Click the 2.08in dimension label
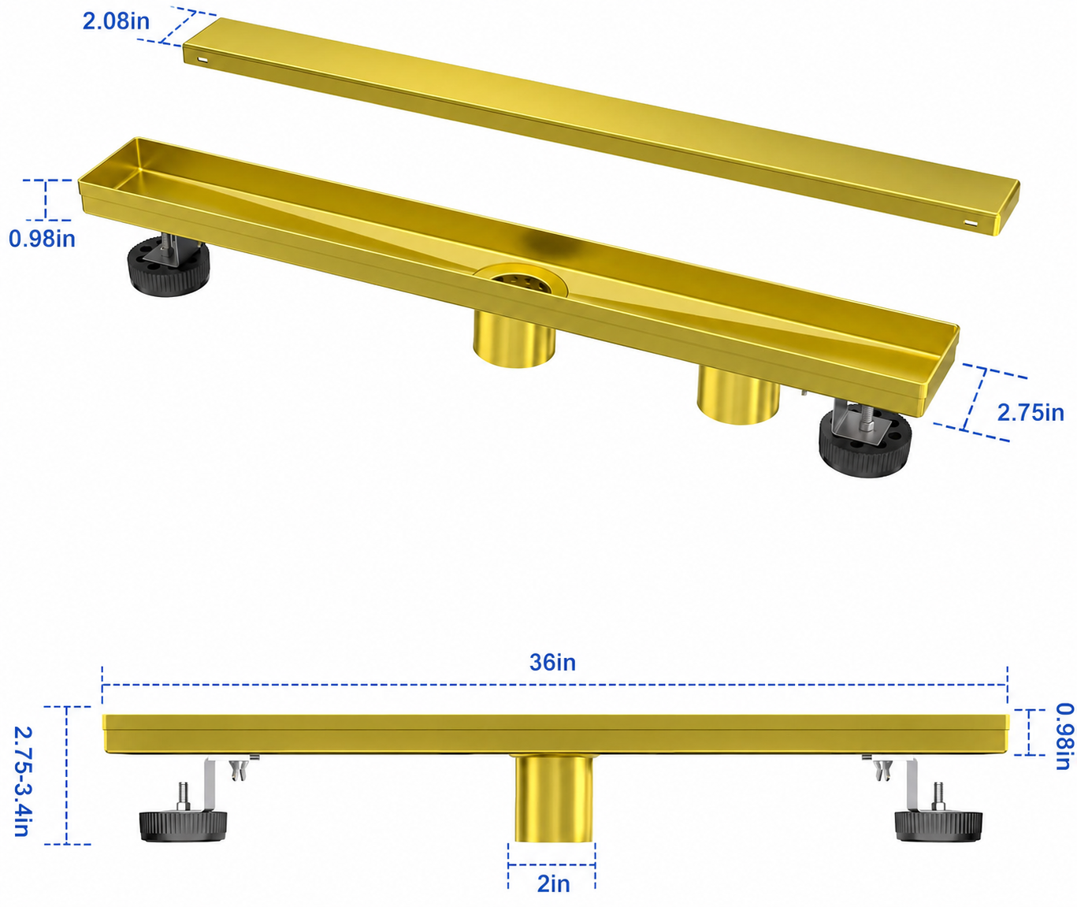[x=116, y=21]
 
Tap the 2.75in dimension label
[x=1030, y=412]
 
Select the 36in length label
[x=552, y=663]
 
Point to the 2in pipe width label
[x=553, y=884]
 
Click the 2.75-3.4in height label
[x=23, y=782]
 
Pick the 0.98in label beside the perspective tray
[x=43, y=239]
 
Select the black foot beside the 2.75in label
[x=865, y=443]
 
